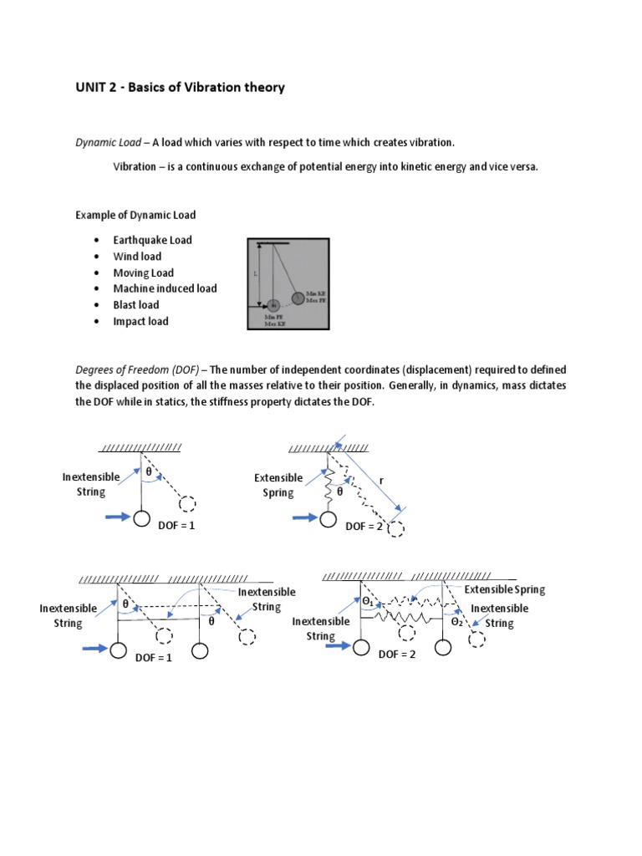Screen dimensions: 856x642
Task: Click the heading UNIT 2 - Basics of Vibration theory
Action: pyautogui.click(x=180, y=87)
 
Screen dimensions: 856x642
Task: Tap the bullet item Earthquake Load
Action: pyautogui.click(x=152, y=240)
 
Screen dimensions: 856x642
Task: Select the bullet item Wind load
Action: pyautogui.click(x=137, y=257)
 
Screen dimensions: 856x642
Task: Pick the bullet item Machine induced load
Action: pyautogui.click(x=165, y=288)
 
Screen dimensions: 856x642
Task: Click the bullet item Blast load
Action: pyautogui.click(x=135, y=305)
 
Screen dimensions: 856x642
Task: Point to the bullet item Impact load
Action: pyautogui.click(x=140, y=321)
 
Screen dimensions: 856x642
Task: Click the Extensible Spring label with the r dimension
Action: pyautogui.click(x=278, y=485)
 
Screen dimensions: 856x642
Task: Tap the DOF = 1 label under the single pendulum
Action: pyautogui.click(x=175, y=526)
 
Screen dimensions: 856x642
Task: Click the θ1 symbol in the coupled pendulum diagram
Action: pyautogui.click(x=369, y=601)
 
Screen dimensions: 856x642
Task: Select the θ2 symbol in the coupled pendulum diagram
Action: pyautogui.click(x=457, y=622)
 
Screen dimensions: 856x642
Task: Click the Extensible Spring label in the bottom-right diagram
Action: pyautogui.click(x=504, y=589)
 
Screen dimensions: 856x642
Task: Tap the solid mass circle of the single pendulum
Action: pyautogui.click(x=141, y=519)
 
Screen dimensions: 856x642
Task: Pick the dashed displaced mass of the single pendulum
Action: pyautogui.click(x=188, y=504)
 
